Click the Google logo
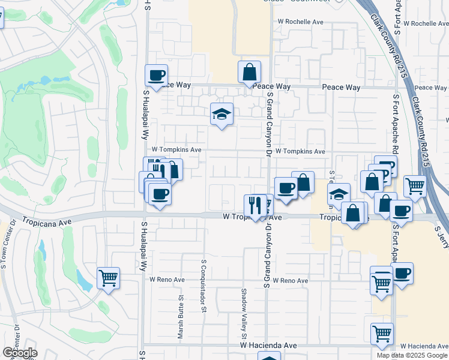[20, 353]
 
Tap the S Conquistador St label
[204, 286]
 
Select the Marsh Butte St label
[180, 317]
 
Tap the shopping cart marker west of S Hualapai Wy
[108, 278]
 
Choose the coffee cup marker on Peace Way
[156, 75]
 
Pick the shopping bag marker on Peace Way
[249, 72]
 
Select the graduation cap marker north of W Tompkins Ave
[221, 113]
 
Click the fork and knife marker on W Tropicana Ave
[255, 205]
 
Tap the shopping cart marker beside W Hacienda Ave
[382, 334]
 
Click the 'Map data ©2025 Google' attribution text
[412, 355]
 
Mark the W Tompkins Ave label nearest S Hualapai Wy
[176, 149]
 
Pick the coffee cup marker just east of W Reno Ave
[402, 273]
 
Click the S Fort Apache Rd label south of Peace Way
[396, 123]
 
